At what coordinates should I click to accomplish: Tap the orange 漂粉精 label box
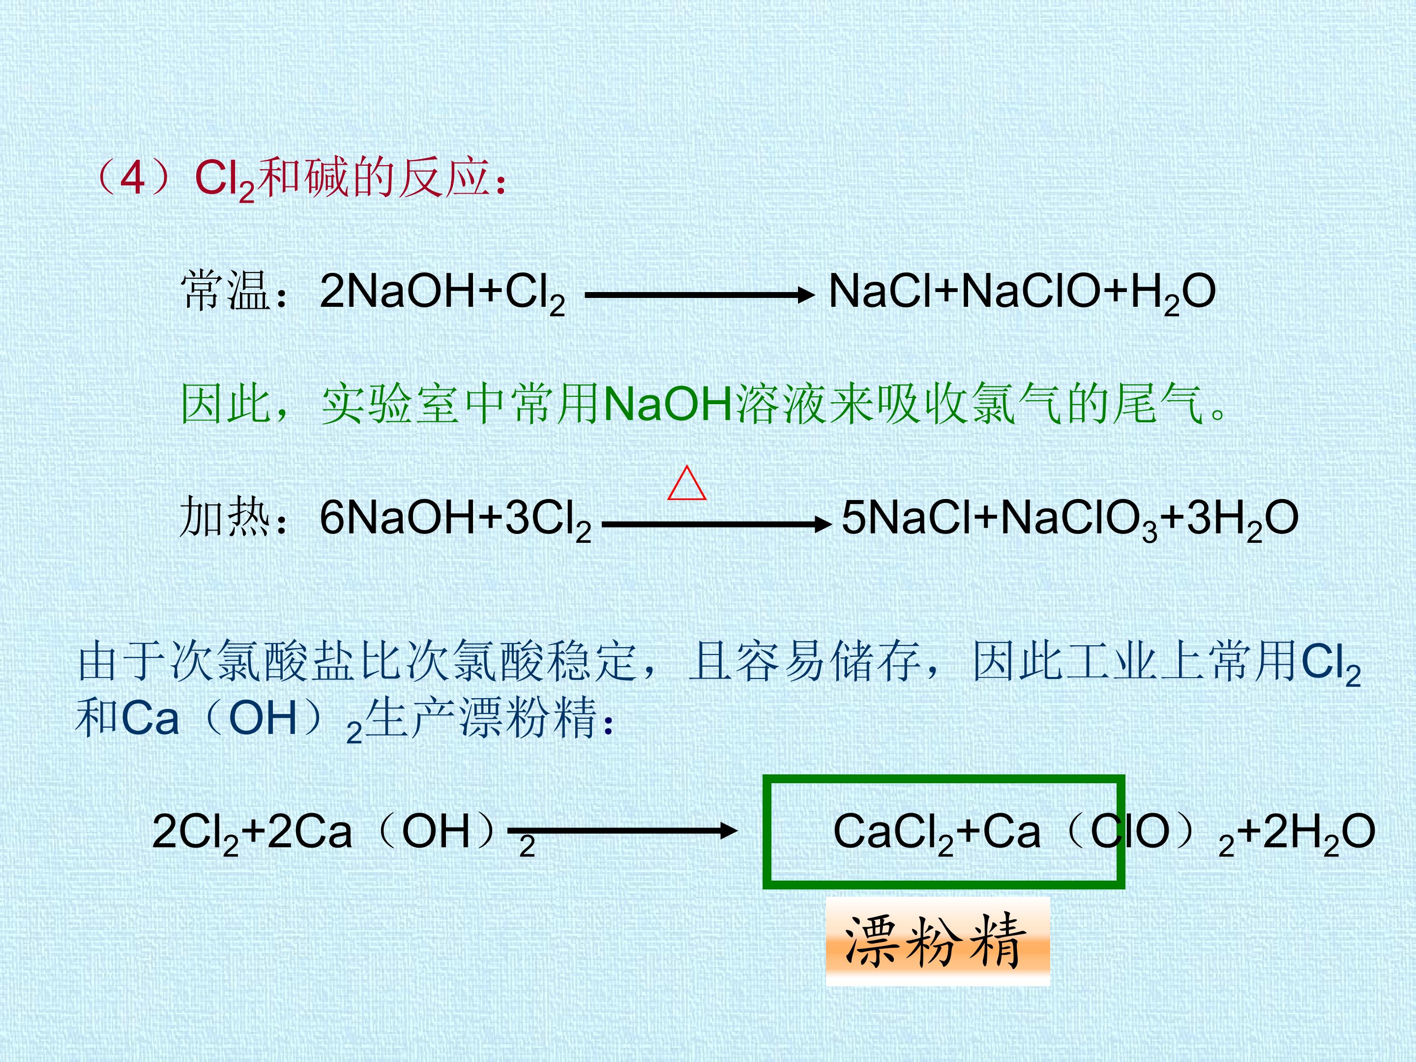(937, 941)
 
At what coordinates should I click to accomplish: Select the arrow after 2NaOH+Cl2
(700, 295)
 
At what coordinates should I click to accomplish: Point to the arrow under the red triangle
(716, 524)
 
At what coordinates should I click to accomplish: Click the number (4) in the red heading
(133, 177)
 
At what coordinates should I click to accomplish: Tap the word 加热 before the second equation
(225, 517)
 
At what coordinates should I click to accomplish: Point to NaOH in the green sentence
(668, 405)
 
